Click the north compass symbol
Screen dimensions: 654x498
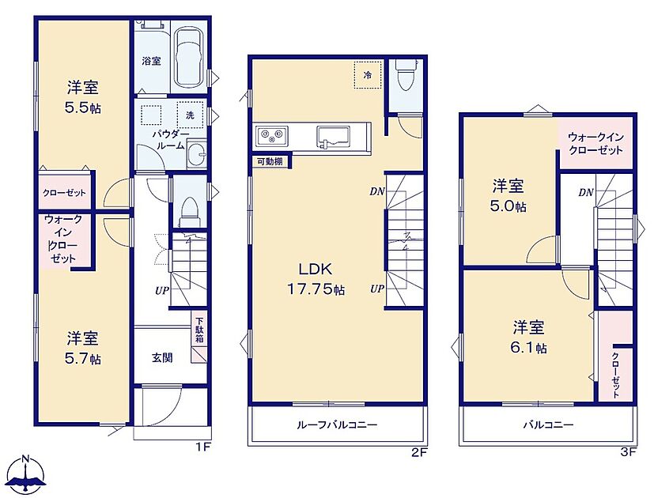(26, 476)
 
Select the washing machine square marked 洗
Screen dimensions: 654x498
(191, 115)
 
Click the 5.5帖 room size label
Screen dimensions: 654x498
(82, 108)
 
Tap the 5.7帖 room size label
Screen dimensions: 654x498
(83, 359)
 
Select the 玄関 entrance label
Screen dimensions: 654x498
(162, 357)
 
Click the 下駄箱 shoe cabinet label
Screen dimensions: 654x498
(200, 330)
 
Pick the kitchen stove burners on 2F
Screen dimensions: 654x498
(272, 135)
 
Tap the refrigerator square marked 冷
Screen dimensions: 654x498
(368, 75)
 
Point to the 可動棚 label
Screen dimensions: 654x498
(270, 162)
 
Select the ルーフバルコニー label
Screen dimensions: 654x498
(337, 425)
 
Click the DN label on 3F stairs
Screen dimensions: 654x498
(586, 192)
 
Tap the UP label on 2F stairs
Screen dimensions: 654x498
(376, 289)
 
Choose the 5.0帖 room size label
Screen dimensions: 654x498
(508, 206)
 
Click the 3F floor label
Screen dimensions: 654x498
(628, 451)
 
